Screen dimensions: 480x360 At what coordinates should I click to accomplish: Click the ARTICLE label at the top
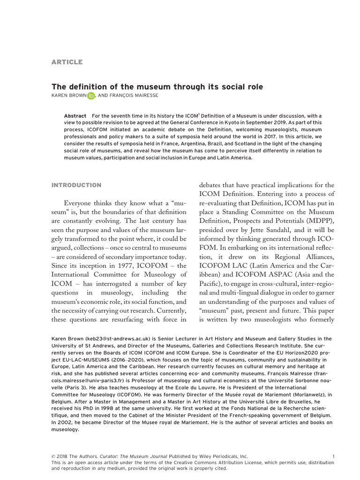[67, 62]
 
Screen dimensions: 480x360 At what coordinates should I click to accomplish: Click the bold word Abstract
[75, 116]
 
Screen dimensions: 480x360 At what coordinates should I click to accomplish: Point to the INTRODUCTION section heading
[76, 185]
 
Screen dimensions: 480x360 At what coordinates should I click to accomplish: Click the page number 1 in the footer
[333, 456]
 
